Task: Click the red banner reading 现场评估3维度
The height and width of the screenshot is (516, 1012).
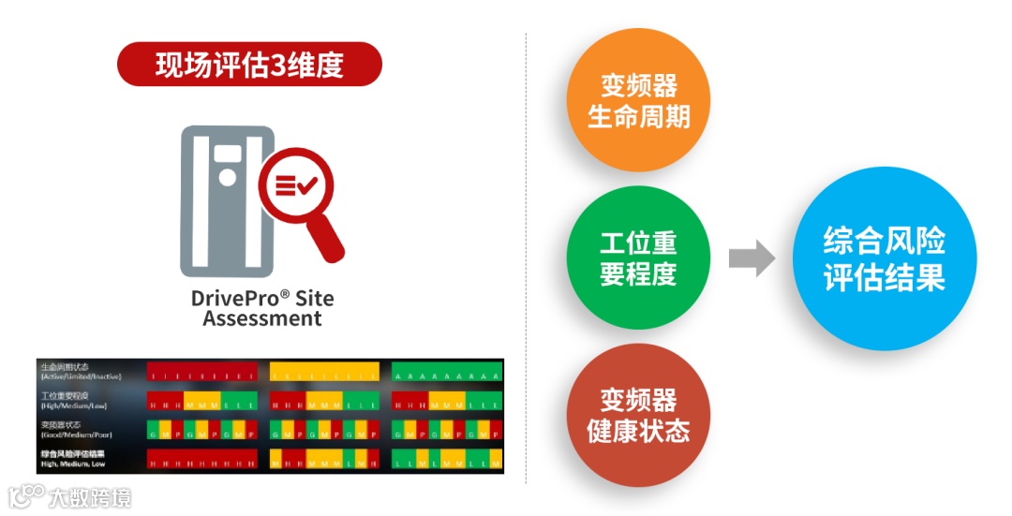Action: coord(249,64)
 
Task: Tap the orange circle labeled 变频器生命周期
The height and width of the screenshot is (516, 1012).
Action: coord(638,100)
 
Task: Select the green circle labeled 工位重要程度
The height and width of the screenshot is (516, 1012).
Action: coord(638,258)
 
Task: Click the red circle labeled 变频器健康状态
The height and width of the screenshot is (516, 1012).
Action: coord(638,415)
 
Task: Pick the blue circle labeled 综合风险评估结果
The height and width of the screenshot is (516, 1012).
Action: coord(884,258)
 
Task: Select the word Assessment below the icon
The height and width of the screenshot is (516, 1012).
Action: coord(262,318)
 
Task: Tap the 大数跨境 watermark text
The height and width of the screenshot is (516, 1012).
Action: coord(91,496)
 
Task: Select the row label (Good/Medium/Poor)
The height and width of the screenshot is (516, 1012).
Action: coord(70,435)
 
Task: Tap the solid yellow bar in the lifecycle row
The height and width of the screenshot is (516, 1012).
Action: coord(324,373)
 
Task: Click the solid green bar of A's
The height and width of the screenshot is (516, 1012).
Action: coord(445,373)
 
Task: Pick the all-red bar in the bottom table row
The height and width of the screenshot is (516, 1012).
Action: coord(201,460)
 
